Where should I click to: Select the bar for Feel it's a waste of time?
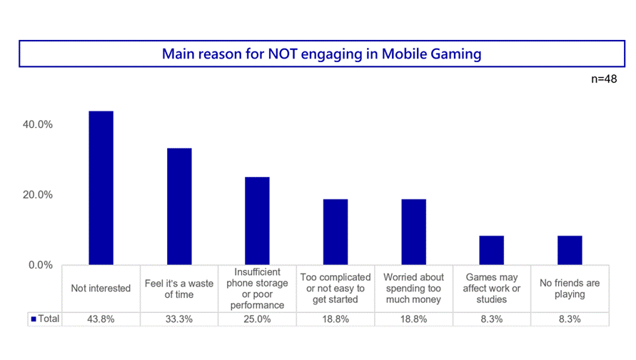(x=179, y=206)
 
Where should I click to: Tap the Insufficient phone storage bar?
(x=258, y=221)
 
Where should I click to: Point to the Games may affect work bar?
(x=491, y=250)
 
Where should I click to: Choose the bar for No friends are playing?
(x=570, y=250)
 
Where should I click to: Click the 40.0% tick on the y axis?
(x=39, y=124)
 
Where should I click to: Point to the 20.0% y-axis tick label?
(x=39, y=195)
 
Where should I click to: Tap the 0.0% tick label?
(x=41, y=265)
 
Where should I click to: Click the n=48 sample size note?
(x=604, y=79)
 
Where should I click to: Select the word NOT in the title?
(x=284, y=54)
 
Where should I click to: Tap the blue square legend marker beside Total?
(x=34, y=319)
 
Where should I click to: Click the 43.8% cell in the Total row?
(x=101, y=319)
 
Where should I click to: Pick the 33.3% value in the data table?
(x=179, y=319)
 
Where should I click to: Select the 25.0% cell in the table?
(x=258, y=319)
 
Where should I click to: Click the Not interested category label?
(x=101, y=289)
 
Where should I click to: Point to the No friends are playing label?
(x=570, y=289)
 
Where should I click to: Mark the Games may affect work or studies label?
(x=491, y=289)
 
